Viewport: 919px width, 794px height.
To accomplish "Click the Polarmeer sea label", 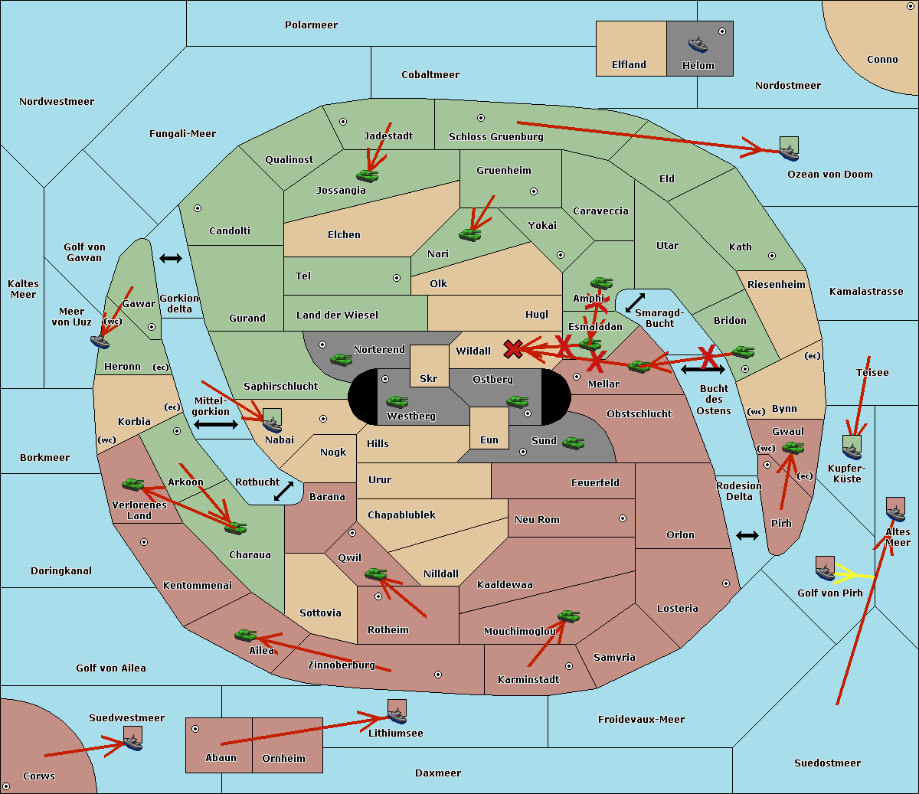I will click(x=311, y=25).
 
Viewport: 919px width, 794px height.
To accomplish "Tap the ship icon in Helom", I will click(x=698, y=44).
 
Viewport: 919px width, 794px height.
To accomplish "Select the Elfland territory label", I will click(x=629, y=65).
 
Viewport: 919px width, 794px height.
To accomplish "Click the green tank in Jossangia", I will click(x=368, y=175).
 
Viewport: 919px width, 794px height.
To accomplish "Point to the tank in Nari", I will click(x=469, y=234).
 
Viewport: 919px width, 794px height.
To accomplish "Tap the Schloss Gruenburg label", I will click(x=495, y=137).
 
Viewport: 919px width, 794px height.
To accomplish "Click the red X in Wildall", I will click(x=513, y=349).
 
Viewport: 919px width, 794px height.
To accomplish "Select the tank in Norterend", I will click(x=341, y=359).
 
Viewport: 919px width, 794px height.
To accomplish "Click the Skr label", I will click(x=428, y=378).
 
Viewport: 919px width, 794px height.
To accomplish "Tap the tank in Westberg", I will click(x=397, y=401).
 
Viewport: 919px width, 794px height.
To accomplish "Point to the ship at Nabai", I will click(x=272, y=423).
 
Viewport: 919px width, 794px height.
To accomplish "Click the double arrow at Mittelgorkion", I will click(x=215, y=424).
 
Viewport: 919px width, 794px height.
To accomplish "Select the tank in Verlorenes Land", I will click(x=132, y=485).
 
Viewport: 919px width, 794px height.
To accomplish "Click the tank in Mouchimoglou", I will click(x=568, y=616).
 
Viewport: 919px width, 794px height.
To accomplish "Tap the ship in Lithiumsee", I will click(x=397, y=715).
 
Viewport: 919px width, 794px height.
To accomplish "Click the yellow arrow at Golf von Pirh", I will click(x=854, y=573).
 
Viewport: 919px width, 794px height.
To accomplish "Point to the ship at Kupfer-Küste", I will click(x=852, y=449).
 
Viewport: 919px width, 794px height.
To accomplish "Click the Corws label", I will click(x=39, y=776).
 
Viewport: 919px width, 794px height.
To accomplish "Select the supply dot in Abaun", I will click(x=195, y=729).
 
